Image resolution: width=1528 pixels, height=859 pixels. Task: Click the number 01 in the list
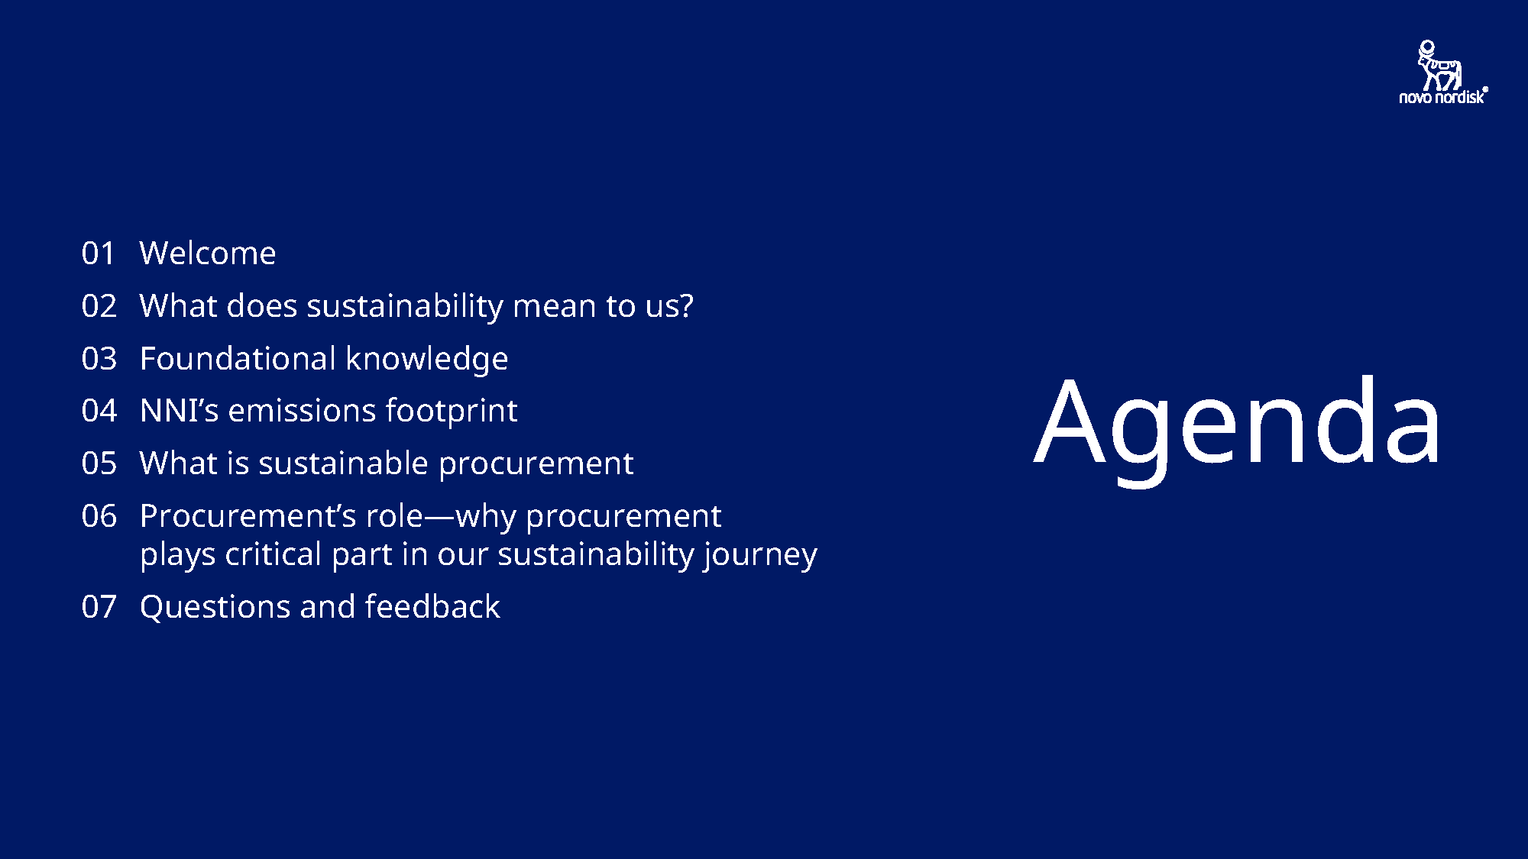(x=99, y=254)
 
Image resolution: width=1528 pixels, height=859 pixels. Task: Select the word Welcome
(x=207, y=254)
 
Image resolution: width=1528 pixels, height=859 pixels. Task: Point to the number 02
(x=99, y=306)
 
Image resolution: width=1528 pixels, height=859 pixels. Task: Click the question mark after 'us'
(x=686, y=306)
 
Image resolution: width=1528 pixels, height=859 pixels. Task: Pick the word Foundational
(x=238, y=359)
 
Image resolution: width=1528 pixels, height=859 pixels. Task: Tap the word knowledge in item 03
(x=426, y=359)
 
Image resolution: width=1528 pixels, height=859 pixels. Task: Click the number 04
(x=99, y=411)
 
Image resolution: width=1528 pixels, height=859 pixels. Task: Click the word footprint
(x=451, y=411)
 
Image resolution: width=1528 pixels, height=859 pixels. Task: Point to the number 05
(x=99, y=463)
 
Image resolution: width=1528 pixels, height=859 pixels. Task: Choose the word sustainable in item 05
(x=343, y=463)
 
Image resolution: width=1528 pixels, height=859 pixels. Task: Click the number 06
(x=99, y=516)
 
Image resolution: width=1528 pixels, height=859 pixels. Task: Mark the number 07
(x=99, y=607)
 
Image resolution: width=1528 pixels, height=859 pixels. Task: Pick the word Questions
(x=215, y=607)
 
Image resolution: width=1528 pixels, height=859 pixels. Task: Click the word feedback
(x=432, y=607)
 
